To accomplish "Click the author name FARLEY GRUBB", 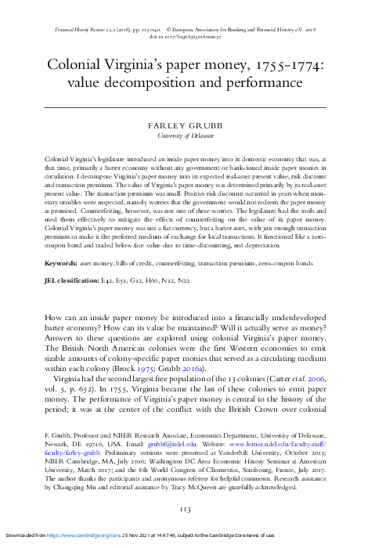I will click(x=192, y=124).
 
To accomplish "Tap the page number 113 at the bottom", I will click(x=192, y=511).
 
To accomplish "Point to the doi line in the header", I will click(x=192, y=36).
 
